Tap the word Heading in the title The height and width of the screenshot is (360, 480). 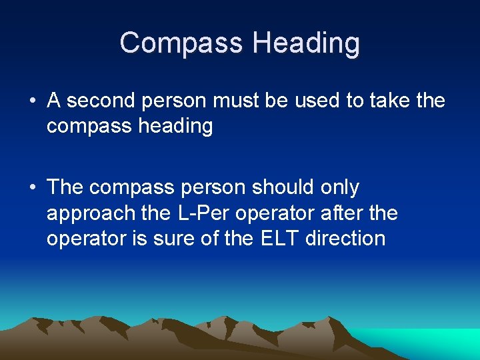click(306, 43)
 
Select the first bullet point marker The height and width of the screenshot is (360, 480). click(32, 101)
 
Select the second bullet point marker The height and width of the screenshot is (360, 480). click(32, 188)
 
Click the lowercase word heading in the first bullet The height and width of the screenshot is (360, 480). click(176, 127)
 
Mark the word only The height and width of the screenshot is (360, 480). click(339, 188)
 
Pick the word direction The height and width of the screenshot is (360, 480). click(345, 238)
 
